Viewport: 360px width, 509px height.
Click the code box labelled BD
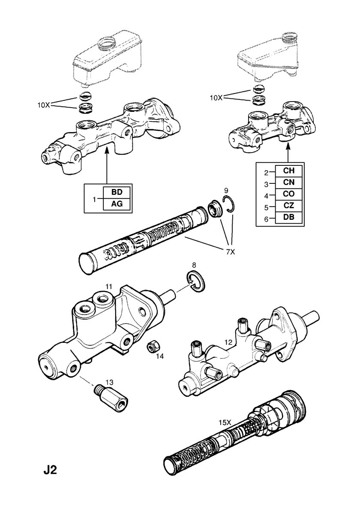[117, 192]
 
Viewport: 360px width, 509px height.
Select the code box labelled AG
[117, 204]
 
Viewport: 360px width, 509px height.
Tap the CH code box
[288, 171]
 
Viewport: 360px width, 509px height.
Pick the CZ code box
[288, 206]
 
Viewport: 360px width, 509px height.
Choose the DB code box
[288, 218]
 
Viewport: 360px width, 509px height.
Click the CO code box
[288, 194]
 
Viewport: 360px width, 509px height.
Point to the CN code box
[288, 183]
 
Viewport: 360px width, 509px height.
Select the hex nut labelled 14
[152, 346]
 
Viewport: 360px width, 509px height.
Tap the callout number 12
[228, 342]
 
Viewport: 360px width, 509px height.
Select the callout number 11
[109, 286]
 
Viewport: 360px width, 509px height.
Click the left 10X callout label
[43, 105]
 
